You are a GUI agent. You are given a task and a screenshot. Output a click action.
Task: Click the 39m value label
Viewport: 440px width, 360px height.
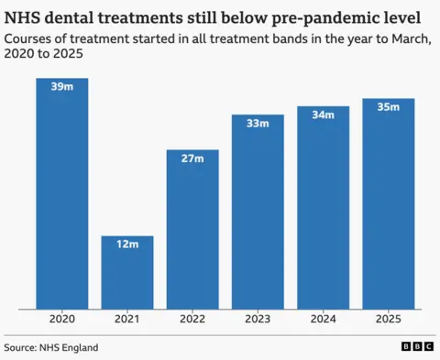62,87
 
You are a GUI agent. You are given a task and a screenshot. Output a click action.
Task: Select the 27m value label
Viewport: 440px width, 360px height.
192,158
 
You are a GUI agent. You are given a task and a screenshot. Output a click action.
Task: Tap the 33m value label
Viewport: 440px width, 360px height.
258,123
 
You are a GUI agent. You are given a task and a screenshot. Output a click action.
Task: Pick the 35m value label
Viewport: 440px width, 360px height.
388,107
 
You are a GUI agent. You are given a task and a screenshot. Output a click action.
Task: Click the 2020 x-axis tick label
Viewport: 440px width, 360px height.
62,320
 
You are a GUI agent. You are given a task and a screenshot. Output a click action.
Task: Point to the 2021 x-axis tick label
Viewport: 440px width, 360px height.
127,320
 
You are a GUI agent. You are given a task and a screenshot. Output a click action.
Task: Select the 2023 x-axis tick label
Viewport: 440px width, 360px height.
258,320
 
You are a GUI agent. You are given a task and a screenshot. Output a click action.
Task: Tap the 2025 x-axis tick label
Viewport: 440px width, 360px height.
388,320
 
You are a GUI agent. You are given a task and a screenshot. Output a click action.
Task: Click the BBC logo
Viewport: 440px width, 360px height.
417,347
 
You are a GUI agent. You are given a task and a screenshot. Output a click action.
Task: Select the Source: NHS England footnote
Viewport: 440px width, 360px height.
51,347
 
